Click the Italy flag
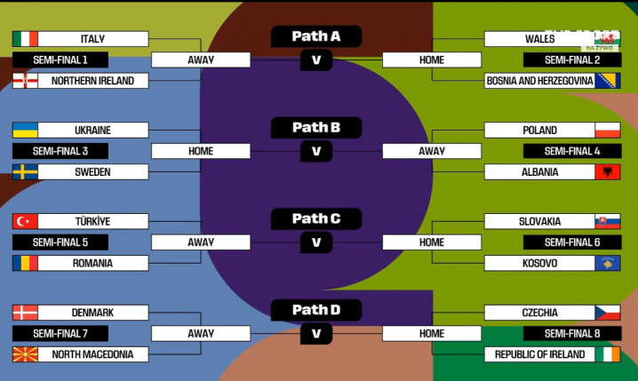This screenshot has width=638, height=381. pyautogui.click(x=26, y=39)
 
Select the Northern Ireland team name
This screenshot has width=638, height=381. pyautogui.click(x=92, y=81)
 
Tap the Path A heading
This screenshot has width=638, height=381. pyautogui.click(x=316, y=36)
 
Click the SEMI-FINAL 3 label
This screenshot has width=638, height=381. pyautogui.click(x=60, y=151)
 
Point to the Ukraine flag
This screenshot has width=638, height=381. pyautogui.click(x=26, y=131)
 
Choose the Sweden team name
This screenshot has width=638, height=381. pyautogui.click(x=92, y=172)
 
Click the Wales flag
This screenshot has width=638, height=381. pyautogui.click(x=608, y=39)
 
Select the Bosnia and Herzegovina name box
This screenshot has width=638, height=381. pyautogui.click(x=539, y=81)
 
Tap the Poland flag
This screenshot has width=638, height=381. pyautogui.click(x=608, y=131)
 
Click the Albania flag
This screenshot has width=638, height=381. pyautogui.click(x=608, y=172)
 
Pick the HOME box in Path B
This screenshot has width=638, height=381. pyautogui.click(x=201, y=151)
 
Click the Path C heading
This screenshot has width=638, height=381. pyautogui.click(x=316, y=218)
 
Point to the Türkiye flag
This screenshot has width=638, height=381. pyautogui.click(x=26, y=221)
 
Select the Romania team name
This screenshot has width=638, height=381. pyautogui.click(x=92, y=263)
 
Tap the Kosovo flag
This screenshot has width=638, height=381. pyautogui.click(x=608, y=263)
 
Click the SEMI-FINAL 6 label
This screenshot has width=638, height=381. pyautogui.click(x=571, y=242)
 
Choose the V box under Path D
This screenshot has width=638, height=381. pyautogui.click(x=316, y=334)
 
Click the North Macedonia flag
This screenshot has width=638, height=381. pyautogui.click(x=26, y=354)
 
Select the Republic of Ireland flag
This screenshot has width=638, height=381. pyautogui.click(x=608, y=354)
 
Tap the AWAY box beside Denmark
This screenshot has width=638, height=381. pyautogui.click(x=201, y=334)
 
